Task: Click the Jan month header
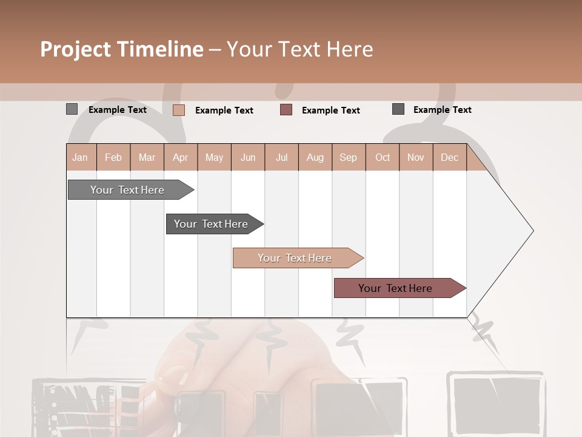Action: (80, 157)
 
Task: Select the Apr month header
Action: (180, 157)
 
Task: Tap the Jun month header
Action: (248, 157)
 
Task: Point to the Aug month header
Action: (315, 157)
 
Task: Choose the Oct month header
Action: (383, 157)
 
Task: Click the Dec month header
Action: (449, 157)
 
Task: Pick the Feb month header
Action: (113, 157)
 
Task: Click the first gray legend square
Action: (72, 109)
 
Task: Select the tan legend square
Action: (178, 110)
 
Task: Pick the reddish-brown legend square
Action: (286, 110)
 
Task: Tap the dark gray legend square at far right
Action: (398, 109)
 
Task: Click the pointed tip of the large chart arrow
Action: (532, 231)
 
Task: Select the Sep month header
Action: (348, 157)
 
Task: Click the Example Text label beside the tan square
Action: (224, 110)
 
